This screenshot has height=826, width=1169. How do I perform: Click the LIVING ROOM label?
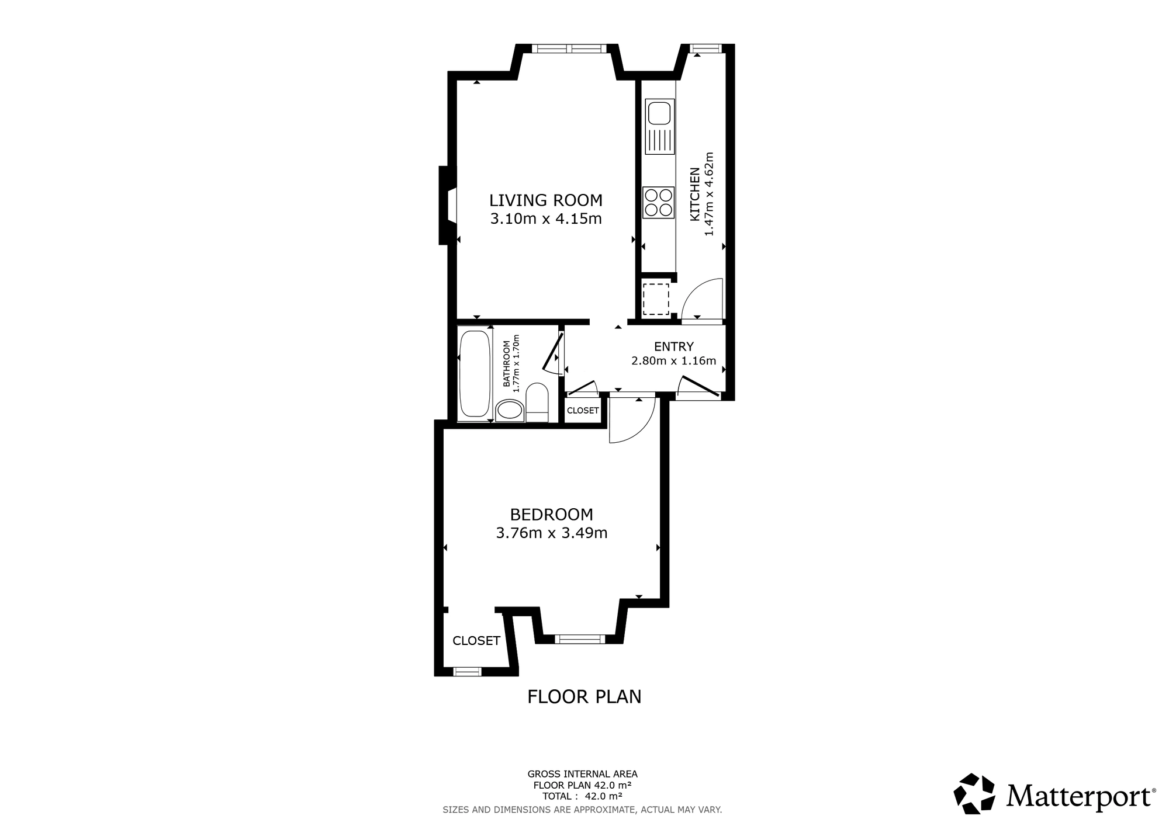point(546,200)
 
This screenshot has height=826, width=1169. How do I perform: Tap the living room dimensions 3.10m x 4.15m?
point(546,219)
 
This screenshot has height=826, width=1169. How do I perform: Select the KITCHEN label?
point(695,195)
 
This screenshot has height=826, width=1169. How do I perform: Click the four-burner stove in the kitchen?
point(659,202)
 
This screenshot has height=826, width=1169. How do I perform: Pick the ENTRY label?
point(674,346)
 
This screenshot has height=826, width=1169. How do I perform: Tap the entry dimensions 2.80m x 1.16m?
point(674,361)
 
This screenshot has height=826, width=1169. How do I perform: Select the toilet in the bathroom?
point(537,402)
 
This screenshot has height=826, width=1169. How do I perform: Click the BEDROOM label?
point(552,515)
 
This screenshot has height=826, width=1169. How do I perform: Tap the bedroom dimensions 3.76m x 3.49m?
point(552,533)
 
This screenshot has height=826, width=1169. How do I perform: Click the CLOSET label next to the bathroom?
point(583,411)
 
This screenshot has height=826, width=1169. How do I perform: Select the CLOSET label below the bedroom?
point(476,641)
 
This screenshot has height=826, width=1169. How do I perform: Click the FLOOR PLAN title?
point(584,697)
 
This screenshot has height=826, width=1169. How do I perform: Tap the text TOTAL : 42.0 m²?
point(582,796)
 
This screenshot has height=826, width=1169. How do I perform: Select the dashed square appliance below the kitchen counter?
point(656,299)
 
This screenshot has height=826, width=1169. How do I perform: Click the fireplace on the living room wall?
point(448,205)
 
